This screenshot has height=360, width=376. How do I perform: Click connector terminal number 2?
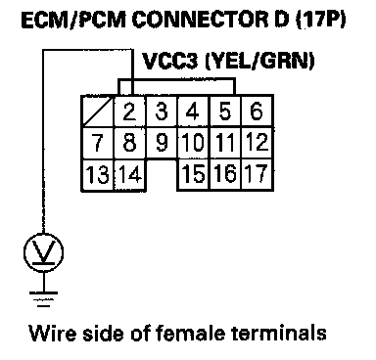point(129,112)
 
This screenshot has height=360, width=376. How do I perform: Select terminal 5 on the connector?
point(225,112)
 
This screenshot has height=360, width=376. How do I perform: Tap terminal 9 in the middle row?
point(162,143)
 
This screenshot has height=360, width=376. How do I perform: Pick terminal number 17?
point(257,174)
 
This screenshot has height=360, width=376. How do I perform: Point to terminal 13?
point(97,174)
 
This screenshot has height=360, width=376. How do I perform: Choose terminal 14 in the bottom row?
point(130,174)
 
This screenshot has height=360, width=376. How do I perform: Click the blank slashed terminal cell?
point(97,112)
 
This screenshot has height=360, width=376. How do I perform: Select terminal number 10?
point(193,143)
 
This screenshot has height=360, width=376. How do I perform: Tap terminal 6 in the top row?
point(257,112)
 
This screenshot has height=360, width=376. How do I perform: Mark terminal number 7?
point(97,143)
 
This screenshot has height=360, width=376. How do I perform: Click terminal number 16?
point(225,174)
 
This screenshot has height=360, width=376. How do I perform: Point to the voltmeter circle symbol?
point(43,251)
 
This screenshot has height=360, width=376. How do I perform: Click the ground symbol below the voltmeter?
point(43,299)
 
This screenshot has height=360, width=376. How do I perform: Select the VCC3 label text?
point(169,61)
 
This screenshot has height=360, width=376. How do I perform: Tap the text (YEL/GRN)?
point(259,61)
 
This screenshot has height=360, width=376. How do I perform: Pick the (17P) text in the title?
point(320,21)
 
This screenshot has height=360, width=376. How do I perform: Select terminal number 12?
point(257,143)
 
